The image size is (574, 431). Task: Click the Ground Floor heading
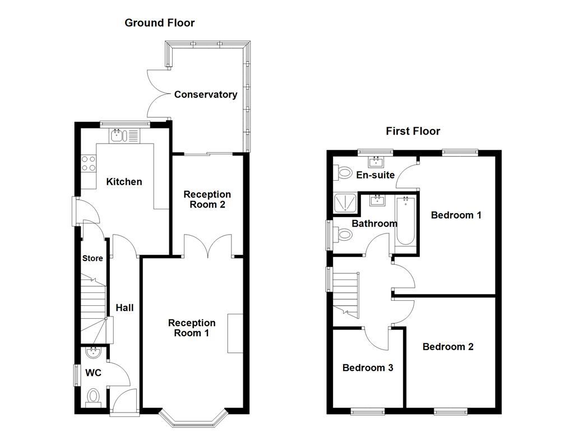click(159, 23)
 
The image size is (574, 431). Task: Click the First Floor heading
click(413, 131)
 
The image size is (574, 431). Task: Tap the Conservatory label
click(205, 95)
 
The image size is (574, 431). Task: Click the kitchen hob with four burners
click(89, 163)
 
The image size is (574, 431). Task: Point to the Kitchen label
click(124, 182)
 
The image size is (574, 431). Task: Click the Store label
click(92, 259)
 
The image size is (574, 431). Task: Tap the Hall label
click(124, 308)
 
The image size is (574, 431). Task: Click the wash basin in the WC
click(92, 354)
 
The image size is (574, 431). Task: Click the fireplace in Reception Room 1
click(235, 333)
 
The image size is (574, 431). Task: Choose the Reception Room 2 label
click(207, 199)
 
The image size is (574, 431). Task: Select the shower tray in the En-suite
click(346, 204)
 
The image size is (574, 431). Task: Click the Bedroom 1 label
click(456, 215)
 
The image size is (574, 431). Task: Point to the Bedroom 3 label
click(367, 368)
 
